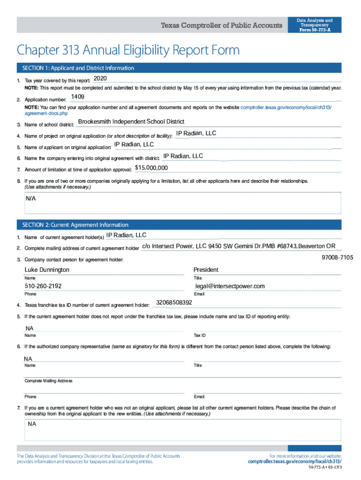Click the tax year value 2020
101,78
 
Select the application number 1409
77,97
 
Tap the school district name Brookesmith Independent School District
131,122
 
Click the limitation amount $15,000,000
151,168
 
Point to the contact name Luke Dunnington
47,270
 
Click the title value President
206,270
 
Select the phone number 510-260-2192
43,286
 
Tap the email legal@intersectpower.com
230,286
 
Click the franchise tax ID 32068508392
174,302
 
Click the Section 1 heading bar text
75,68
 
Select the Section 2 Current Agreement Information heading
72,225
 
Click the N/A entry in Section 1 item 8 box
30,198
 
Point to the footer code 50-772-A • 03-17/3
325,468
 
